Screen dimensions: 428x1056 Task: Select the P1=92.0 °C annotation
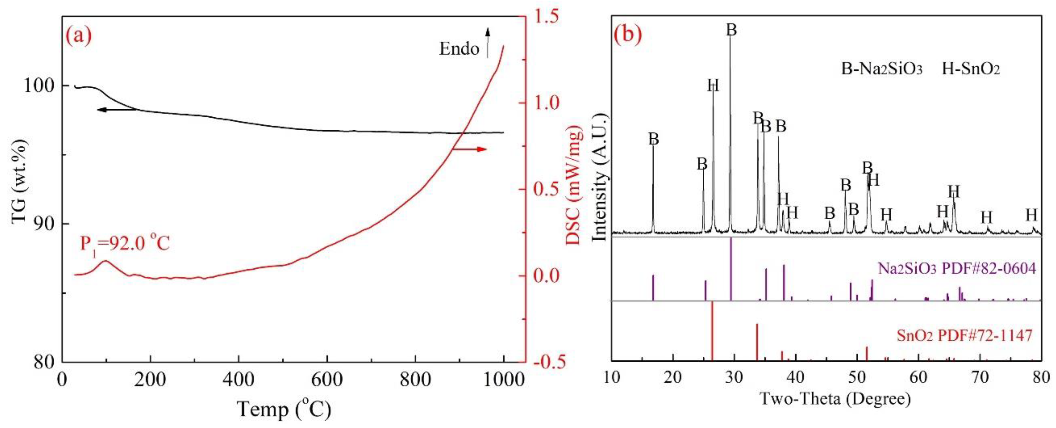point(124,244)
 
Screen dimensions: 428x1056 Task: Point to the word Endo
point(459,49)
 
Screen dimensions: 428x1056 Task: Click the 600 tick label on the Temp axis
point(327,380)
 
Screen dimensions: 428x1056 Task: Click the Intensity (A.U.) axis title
point(600,177)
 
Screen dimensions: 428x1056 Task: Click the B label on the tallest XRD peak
point(731,30)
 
